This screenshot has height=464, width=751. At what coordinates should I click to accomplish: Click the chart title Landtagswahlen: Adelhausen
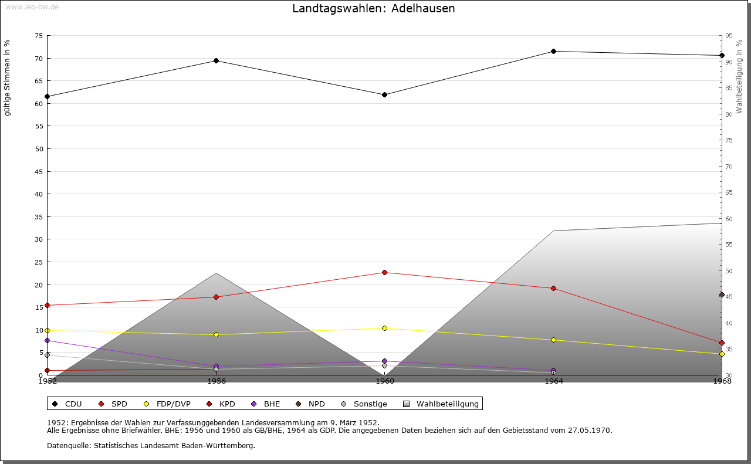click(373, 9)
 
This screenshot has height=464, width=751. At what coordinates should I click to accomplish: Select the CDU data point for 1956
click(216, 61)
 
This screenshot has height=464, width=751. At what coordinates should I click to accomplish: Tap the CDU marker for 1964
click(553, 51)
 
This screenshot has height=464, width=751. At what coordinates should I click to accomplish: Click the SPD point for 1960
click(384, 272)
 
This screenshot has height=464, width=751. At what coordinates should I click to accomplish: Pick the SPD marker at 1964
click(553, 288)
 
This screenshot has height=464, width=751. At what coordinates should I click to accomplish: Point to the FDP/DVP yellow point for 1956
click(216, 334)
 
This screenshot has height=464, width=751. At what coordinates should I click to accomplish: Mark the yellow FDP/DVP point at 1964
click(553, 340)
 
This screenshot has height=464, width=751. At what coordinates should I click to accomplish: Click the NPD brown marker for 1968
click(722, 294)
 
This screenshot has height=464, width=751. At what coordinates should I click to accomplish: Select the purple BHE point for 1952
click(47, 340)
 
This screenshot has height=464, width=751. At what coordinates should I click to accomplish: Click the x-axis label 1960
click(384, 381)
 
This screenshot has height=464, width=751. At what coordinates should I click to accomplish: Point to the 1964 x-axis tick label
click(553, 381)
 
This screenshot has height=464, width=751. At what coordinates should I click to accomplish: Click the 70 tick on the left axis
click(39, 58)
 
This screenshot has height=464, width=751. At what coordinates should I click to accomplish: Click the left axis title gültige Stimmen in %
click(7, 77)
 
